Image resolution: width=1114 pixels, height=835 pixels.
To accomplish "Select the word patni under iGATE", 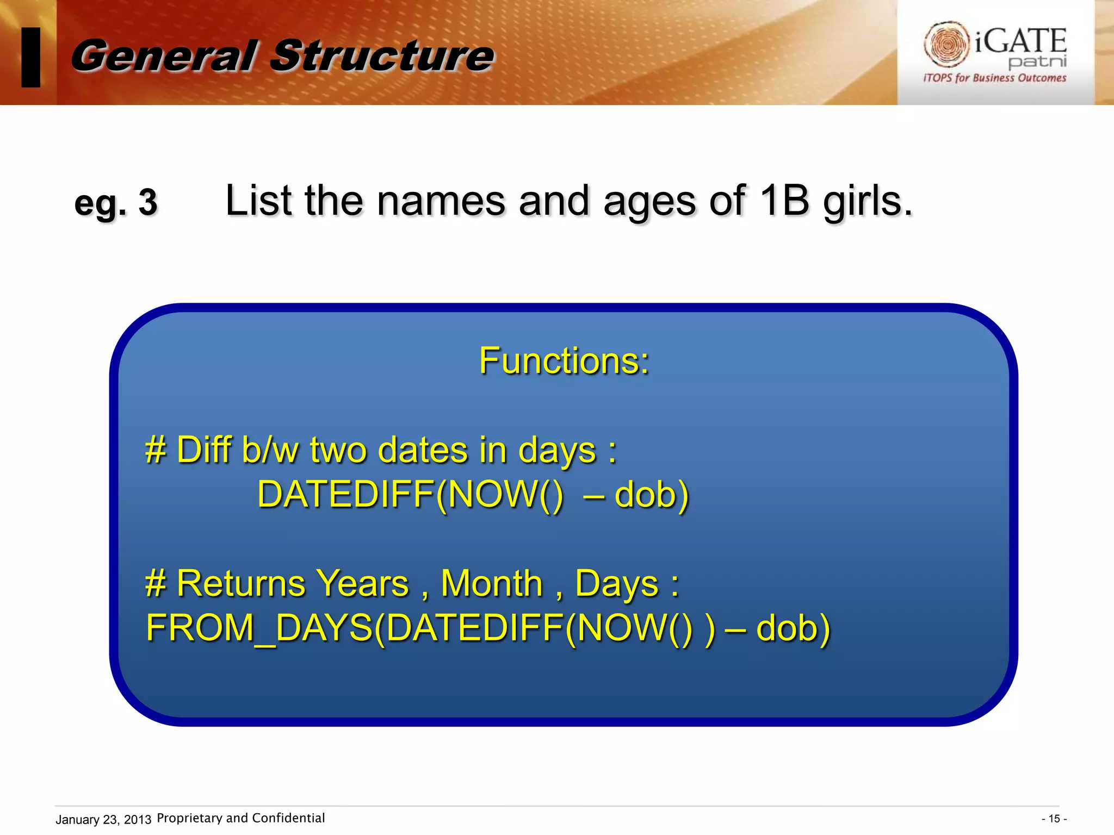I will pos(1037,61).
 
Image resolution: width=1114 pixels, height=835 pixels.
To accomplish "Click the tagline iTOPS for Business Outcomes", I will pos(994,78).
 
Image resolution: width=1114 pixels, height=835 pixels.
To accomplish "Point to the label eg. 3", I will pos(116,203).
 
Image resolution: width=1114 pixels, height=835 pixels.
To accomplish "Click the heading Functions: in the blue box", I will pos(564,361).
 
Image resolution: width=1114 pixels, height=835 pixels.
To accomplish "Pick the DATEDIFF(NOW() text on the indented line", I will pos(410,495).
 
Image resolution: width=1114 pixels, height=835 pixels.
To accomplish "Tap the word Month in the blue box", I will pos(492,583).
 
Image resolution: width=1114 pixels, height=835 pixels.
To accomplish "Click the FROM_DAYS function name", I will pos(259,628).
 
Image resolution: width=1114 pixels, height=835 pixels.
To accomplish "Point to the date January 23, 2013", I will pos(103,819).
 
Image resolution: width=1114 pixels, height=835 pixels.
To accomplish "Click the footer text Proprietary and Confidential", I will pos(240,818).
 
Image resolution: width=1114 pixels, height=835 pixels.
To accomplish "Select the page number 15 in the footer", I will pos(1054,819).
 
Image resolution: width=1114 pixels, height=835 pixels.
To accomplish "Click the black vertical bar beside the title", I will pos(31,57).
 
